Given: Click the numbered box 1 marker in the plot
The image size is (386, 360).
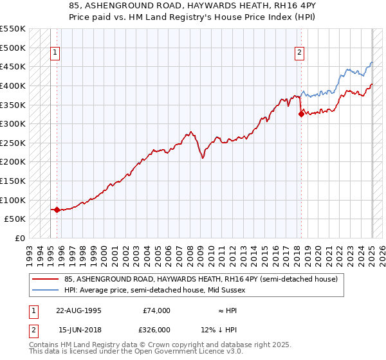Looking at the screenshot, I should tap(55, 53).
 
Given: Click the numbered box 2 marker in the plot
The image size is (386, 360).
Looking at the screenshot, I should tap(300, 53).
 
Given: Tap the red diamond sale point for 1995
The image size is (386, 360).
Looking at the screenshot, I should tap(57, 210).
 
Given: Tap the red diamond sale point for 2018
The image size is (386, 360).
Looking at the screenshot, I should tap(301, 114).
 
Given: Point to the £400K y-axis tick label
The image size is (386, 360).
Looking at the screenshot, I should tap(14, 85).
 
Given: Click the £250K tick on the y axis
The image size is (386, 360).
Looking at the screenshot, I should tap(14, 143).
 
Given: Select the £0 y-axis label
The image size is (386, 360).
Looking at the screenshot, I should tap(20, 238).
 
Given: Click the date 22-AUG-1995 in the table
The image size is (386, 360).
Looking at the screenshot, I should tap(78, 310).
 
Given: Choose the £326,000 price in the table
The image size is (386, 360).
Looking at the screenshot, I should tap(156, 330).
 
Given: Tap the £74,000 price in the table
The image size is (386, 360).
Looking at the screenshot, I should tap(156, 310).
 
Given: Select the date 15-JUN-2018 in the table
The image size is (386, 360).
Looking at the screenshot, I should tap(78, 330).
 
